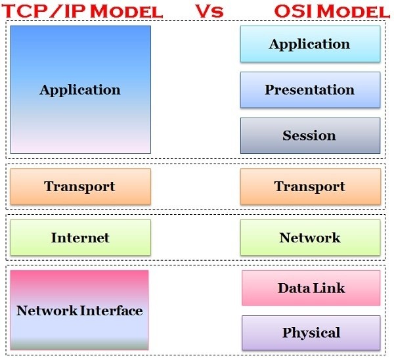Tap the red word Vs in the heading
(x=209, y=11)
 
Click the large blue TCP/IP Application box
(x=80, y=89)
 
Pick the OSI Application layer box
(x=310, y=44)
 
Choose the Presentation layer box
(x=310, y=90)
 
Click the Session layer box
(x=310, y=136)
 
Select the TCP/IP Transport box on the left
(x=80, y=187)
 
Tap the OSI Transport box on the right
(x=310, y=187)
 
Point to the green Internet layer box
(x=80, y=238)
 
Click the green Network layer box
(x=310, y=238)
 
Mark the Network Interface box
(x=79, y=310)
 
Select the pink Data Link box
(x=311, y=288)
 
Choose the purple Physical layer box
(x=311, y=333)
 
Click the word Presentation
(x=310, y=90)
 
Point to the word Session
(x=309, y=136)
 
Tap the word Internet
(x=80, y=238)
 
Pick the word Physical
(x=311, y=333)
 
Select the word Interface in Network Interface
(x=111, y=310)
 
